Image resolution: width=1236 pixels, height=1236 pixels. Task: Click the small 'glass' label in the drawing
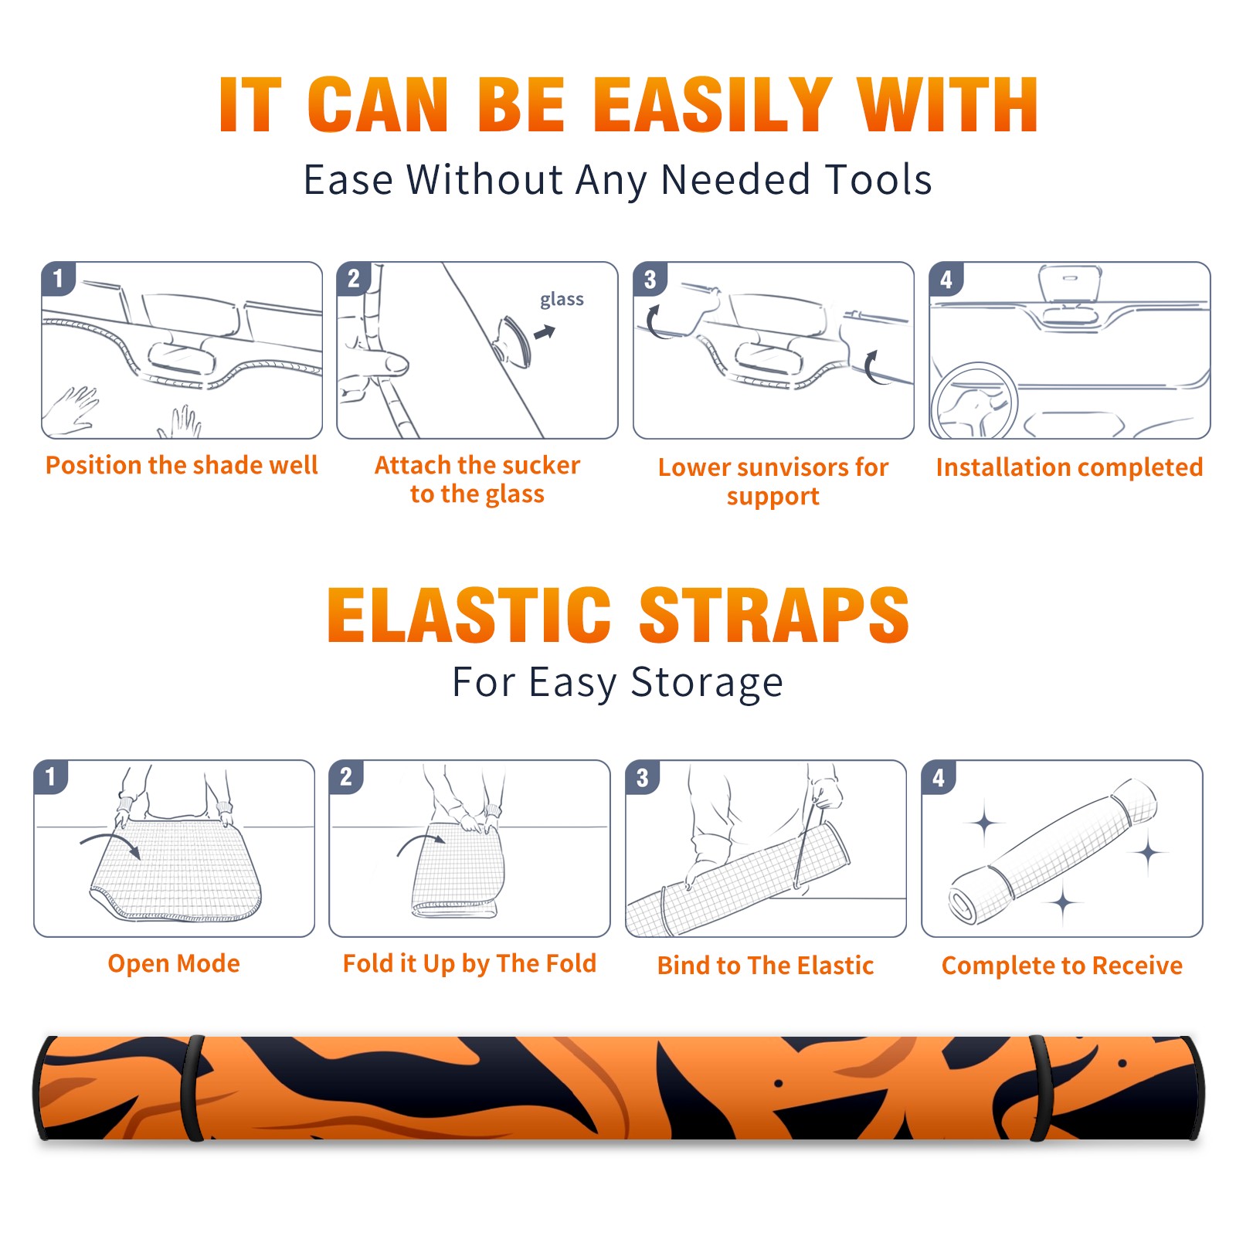(x=562, y=300)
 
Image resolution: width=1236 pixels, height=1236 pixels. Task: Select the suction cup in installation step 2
(x=514, y=341)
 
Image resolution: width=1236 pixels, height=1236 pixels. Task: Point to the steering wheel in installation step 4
(x=975, y=401)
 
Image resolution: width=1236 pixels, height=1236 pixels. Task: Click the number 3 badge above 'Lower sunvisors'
(x=650, y=280)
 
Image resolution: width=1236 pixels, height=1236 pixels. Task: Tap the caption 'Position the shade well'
(x=182, y=465)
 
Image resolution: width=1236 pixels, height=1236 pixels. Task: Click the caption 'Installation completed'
(x=1069, y=467)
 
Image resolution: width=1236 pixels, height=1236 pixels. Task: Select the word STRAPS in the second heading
(x=774, y=615)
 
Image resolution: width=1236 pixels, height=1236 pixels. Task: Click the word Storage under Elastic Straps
(x=707, y=684)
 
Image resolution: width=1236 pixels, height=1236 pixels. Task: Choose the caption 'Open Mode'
(x=174, y=963)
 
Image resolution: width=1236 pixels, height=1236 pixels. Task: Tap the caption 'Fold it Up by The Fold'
(x=470, y=963)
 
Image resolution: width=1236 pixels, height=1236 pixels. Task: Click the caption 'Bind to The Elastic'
(x=766, y=966)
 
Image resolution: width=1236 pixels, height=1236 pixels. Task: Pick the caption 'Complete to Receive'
(x=1062, y=966)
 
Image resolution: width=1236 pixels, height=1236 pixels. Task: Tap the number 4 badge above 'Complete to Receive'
(x=939, y=777)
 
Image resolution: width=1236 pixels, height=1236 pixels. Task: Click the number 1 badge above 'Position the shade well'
(x=58, y=278)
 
